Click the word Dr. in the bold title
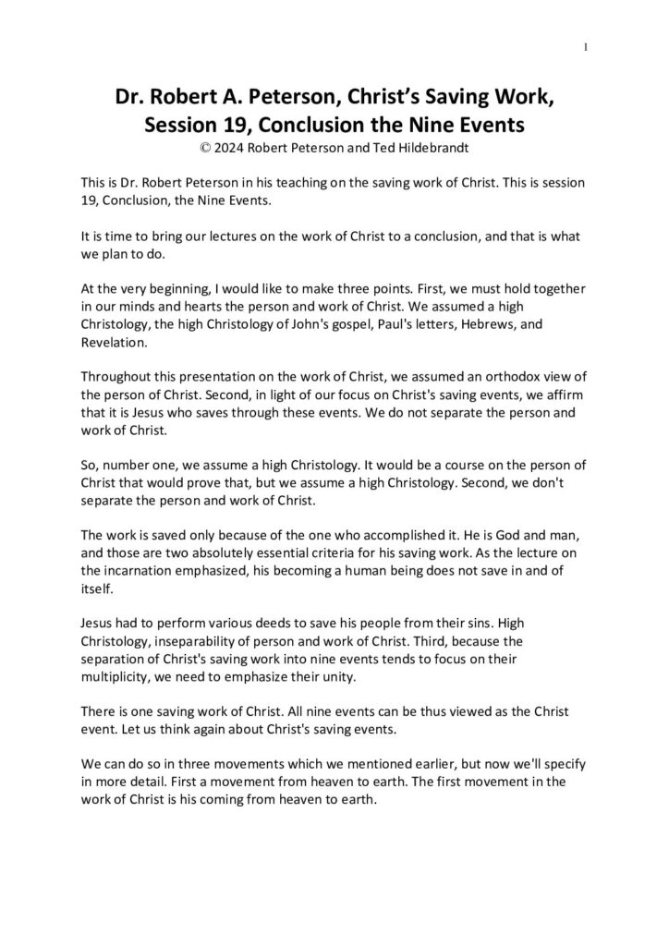point(130,96)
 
